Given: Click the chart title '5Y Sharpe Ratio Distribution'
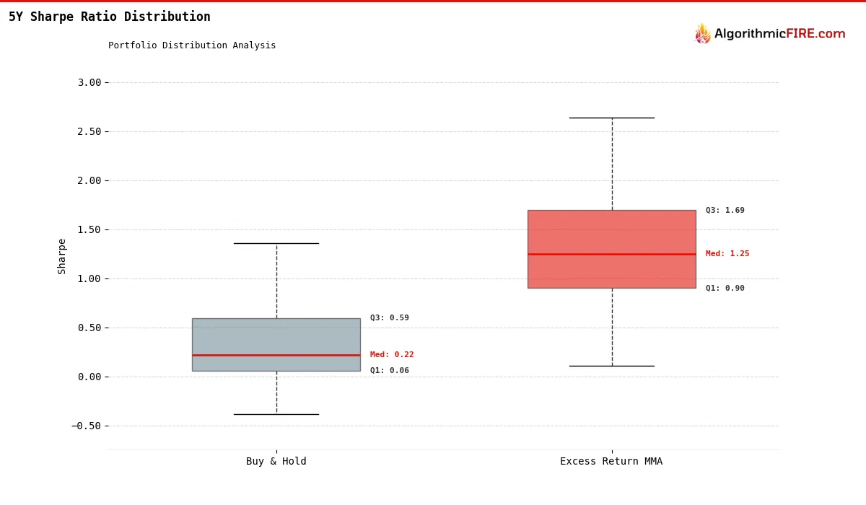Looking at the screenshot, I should click(x=110, y=17).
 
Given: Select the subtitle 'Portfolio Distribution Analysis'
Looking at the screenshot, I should click(x=192, y=45).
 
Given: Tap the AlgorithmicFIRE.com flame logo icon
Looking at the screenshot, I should click(x=702, y=34).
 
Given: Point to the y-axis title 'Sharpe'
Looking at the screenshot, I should click(x=62, y=256).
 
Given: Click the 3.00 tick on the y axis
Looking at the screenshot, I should click(x=89, y=82).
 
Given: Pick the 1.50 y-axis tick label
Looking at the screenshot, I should click(x=89, y=229).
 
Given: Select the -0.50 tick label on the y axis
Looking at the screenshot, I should click(x=87, y=426).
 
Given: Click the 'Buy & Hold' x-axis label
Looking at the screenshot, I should click(x=276, y=462).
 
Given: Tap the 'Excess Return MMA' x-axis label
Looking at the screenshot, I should click(x=611, y=462).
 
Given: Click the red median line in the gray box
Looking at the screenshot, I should click(x=276, y=355).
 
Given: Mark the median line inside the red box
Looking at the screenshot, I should click(x=611, y=254).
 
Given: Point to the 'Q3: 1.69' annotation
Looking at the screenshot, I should click(x=725, y=211).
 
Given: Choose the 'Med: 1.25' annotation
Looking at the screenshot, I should click(x=727, y=254).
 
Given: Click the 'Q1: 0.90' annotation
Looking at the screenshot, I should click(x=725, y=289).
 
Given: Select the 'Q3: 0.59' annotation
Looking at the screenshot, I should click(x=390, y=318).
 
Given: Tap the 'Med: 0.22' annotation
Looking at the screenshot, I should click(x=392, y=355).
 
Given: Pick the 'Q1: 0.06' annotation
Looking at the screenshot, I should click(x=390, y=371).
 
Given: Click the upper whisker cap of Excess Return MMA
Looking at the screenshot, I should click(x=611, y=118).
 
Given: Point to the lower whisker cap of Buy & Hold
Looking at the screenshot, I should click(x=276, y=414).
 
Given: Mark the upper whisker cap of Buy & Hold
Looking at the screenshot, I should click(x=276, y=243).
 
